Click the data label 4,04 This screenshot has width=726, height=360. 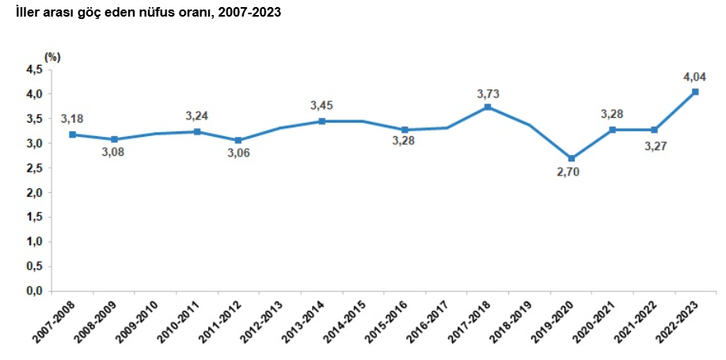click(695, 77)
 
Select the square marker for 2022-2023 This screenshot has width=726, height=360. click(695, 92)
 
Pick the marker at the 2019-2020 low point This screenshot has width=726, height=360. click(571, 158)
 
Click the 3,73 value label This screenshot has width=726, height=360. click(488, 93)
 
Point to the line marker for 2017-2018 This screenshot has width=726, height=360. click(488, 107)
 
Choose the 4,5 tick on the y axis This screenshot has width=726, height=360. click(34, 70)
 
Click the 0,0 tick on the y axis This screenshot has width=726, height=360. click(34, 291)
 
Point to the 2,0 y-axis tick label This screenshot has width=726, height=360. click(34, 192)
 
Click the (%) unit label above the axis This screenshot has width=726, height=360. click(52, 56)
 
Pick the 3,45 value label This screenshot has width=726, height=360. click(322, 105)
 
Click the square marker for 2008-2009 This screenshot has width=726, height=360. click(114, 139)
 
